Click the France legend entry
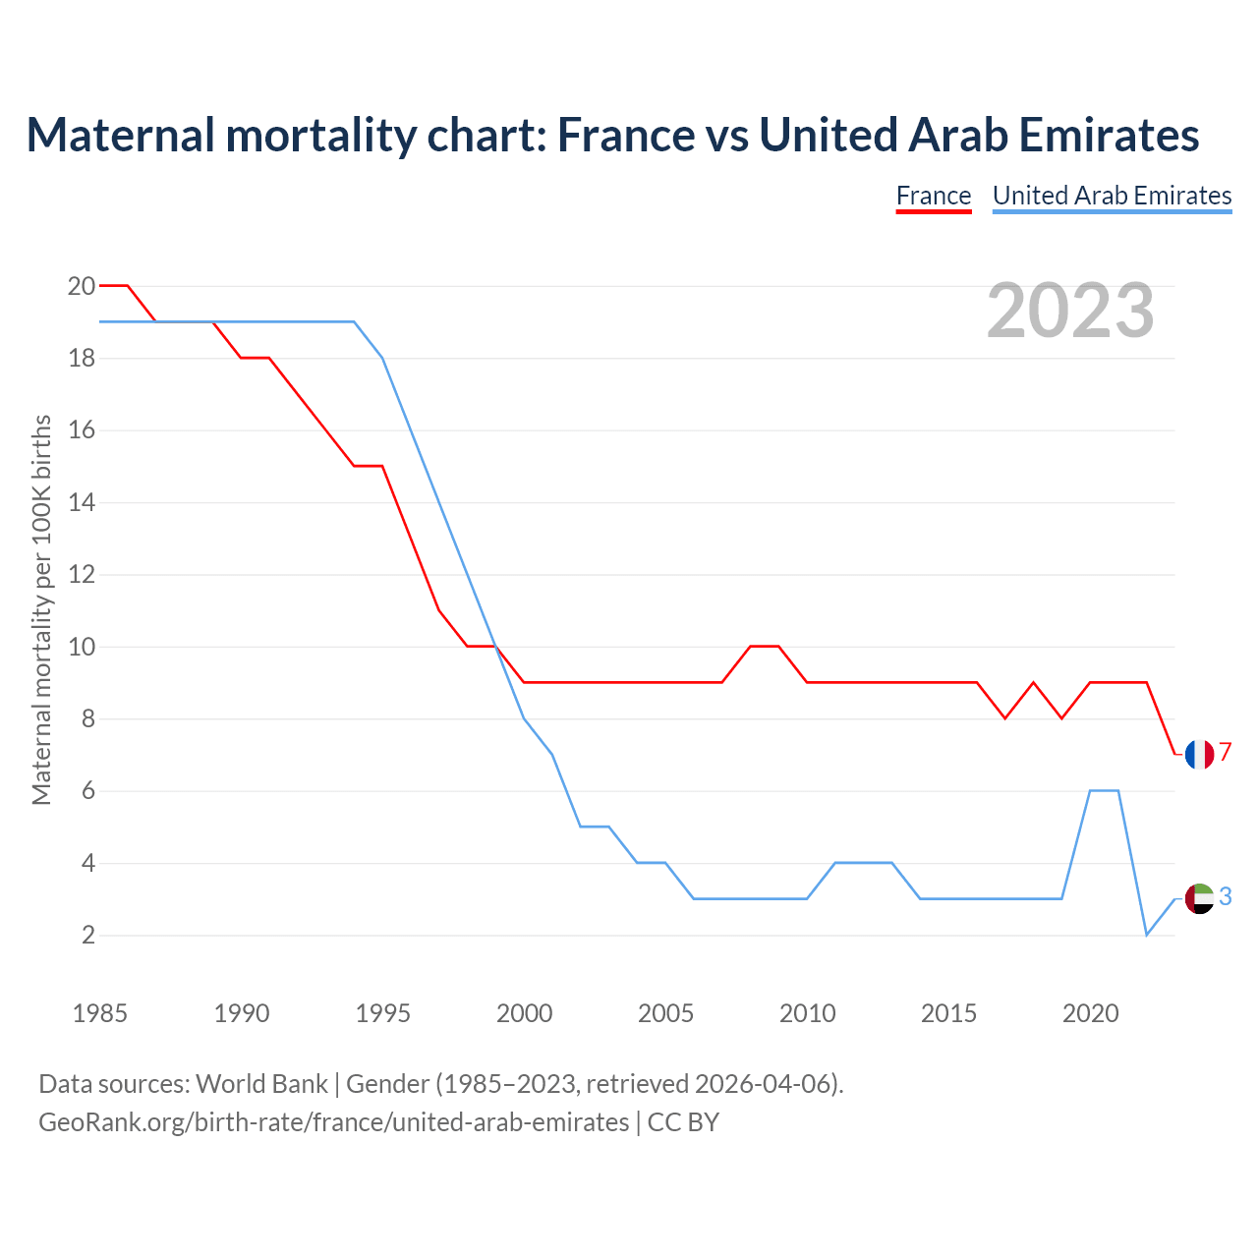tap(934, 196)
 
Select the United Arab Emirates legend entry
tap(1112, 196)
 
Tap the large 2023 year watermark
tap(1070, 311)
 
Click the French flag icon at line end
tap(1199, 754)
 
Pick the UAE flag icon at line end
tap(1199, 897)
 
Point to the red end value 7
tap(1226, 753)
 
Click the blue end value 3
tap(1226, 896)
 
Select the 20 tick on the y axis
tap(82, 286)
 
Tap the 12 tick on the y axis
tap(82, 575)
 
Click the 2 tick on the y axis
tap(88, 936)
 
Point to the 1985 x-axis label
tap(100, 1013)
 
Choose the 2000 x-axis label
tap(524, 1013)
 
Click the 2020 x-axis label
tap(1090, 1013)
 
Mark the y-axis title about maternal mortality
tap(41, 610)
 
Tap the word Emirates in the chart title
tap(1109, 135)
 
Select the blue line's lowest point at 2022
tap(1147, 935)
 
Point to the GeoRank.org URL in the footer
tap(334, 1121)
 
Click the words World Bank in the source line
tap(261, 1083)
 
